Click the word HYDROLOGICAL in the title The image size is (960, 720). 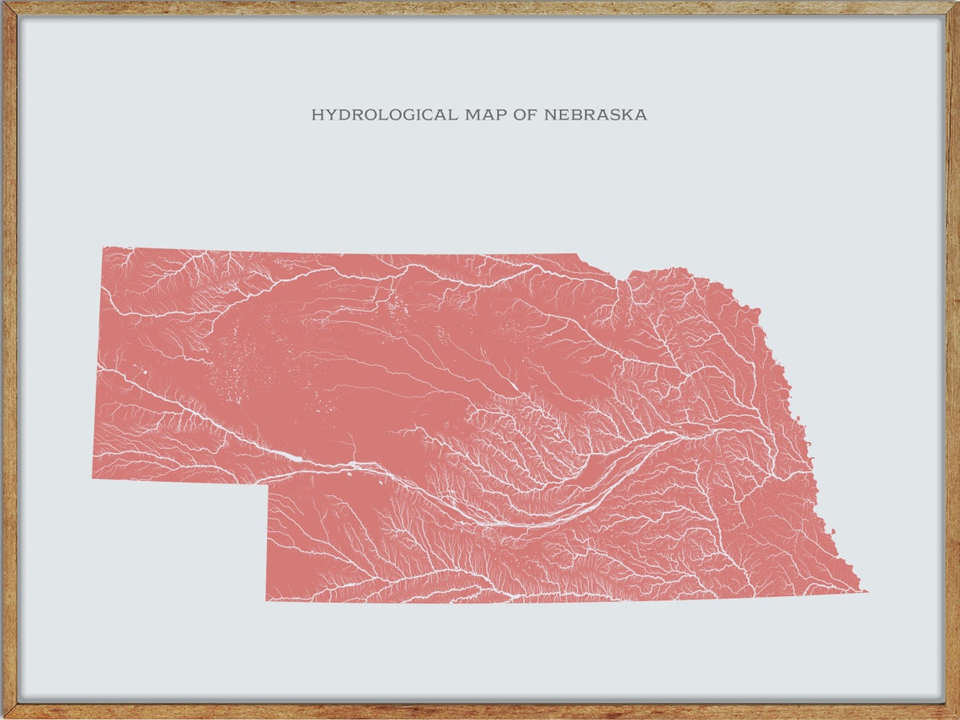click(384, 115)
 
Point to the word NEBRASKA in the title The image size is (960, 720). click(595, 115)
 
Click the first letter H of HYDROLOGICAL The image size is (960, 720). click(317, 115)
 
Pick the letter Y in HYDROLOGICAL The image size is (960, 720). click(330, 115)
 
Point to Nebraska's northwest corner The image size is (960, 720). click(104, 247)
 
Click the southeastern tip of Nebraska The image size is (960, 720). click(865, 590)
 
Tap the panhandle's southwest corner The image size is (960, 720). click(93, 478)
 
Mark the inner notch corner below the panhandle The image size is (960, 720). click(269, 484)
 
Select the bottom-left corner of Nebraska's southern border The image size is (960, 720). click(266, 600)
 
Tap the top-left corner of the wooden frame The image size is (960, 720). click(3, 3)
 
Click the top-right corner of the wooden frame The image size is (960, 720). click(957, 3)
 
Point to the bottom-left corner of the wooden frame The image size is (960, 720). click(3, 717)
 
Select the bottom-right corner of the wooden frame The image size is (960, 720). click(957, 717)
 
